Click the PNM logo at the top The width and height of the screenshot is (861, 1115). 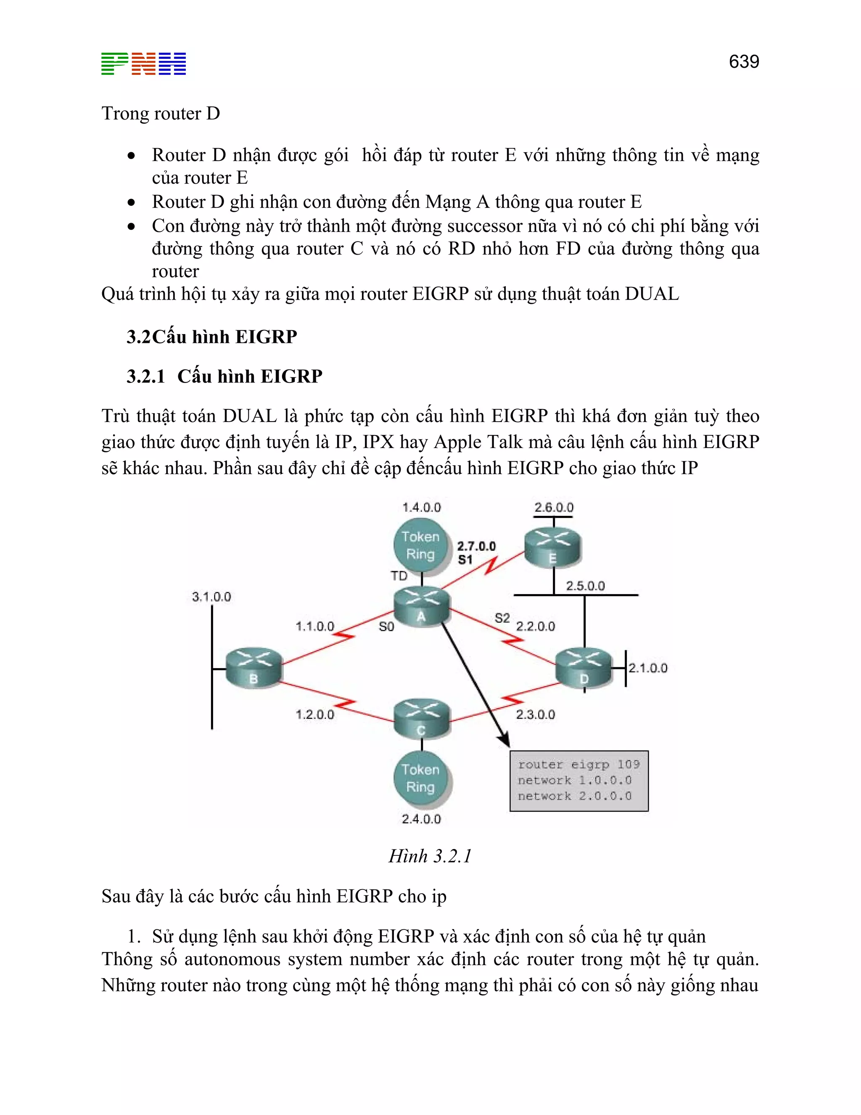point(143,64)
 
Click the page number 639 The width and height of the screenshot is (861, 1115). point(744,62)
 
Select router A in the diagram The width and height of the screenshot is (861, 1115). point(422,606)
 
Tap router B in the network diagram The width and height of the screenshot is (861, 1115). point(254,668)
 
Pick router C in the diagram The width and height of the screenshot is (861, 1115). point(422,719)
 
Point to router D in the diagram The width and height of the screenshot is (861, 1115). point(584,668)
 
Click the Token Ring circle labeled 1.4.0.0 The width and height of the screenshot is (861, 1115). point(420,545)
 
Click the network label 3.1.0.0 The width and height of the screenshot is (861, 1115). point(211,597)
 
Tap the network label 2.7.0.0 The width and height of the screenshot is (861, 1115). point(476,546)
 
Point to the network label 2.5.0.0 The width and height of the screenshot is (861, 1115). point(585,586)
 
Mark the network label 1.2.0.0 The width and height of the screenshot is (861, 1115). point(315,714)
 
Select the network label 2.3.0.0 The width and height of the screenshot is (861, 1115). point(535,714)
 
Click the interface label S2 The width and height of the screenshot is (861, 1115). point(502,618)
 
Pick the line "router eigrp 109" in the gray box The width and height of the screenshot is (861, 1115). point(578,764)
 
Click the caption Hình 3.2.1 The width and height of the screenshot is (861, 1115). point(430,856)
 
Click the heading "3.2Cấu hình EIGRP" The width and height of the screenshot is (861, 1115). point(212,337)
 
